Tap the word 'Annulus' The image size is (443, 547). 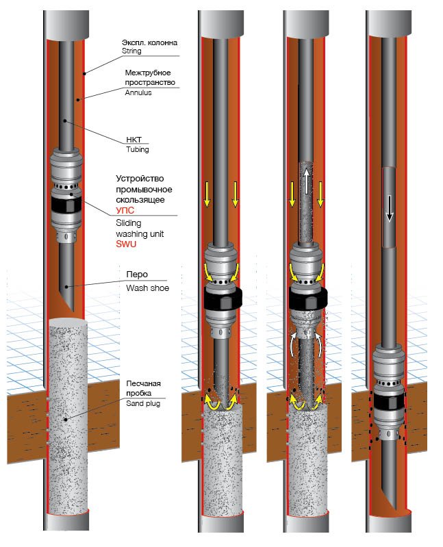pyautogui.click(x=138, y=92)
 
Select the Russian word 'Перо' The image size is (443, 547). pyautogui.click(x=136, y=275)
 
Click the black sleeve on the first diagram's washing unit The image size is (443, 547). pyautogui.click(x=66, y=206)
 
